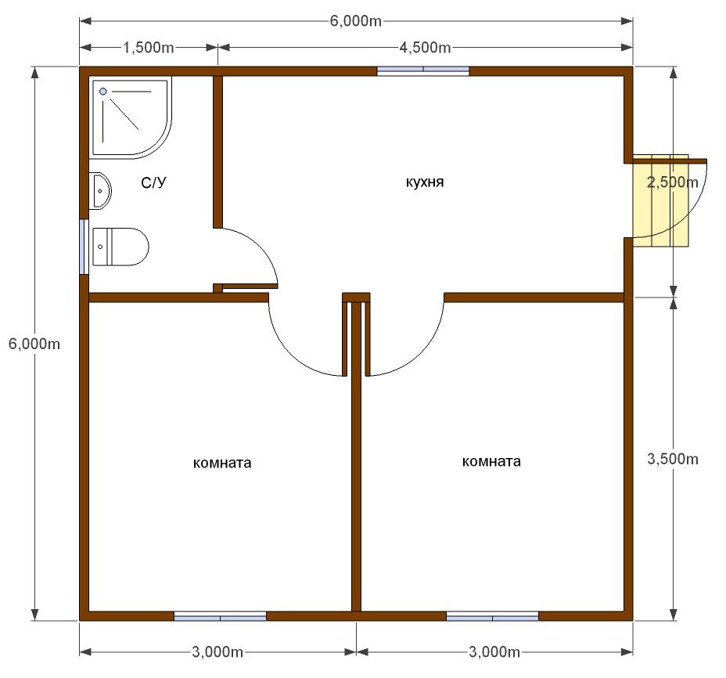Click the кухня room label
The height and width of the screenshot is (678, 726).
pyautogui.click(x=425, y=182)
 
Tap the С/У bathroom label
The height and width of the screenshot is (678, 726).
pyautogui.click(x=153, y=182)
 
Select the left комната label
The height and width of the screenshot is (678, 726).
pyautogui.click(x=222, y=463)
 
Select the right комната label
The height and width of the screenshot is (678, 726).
pyautogui.click(x=491, y=461)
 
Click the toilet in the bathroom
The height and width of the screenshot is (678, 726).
pyautogui.click(x=120, y=247)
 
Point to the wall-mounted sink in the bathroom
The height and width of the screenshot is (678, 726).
pyautogui.click(x=101, y=190)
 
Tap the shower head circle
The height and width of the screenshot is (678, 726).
pyautogui.click(x=102, y=92)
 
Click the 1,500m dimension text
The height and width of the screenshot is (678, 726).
pyautogui.click(x=148, y=47)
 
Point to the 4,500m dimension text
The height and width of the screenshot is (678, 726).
pyautogui.click(x=425, y=47)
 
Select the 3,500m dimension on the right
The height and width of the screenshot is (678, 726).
pyautogui.click(x=672, y=459)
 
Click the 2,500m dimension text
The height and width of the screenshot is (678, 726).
pyautogui.click(x=672, y=182)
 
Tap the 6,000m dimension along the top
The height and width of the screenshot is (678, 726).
pyautogui.click(x=356, y=21)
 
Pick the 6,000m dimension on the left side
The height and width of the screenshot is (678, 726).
pyautogui.click(x=34, y=344)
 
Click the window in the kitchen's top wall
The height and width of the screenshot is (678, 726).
pyautogui.click(x=423, y=71)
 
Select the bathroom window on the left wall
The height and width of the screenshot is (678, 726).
pyautogui.click(x=84, y=247)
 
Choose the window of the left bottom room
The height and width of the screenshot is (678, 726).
pyautogui.click(x=221, y=616)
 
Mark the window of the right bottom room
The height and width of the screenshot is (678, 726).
pyautogui.click(x=493, y=616)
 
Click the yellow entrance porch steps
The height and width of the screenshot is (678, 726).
pyautogui.click(x=661, y=200)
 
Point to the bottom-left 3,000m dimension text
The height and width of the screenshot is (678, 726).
pyautogui.click(x=217, y=652)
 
